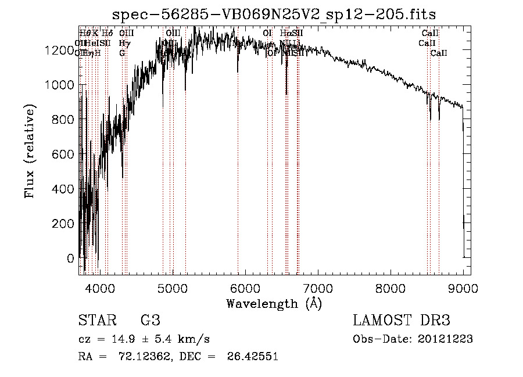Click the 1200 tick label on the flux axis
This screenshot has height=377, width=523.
pos(59,51)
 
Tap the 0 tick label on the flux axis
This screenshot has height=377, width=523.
pos(71,258)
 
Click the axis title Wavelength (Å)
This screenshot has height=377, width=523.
pos(274,303)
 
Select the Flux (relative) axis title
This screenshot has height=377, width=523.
pos(30,150)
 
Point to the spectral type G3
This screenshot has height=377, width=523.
pos(150,320)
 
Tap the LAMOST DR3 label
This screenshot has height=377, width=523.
pos(402,320)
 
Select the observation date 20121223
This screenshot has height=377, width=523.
pos(445,339)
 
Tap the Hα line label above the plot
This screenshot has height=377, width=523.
pos(286,33)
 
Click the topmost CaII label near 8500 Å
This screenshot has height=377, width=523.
pos(430,33)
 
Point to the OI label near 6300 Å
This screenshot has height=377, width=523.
pos(267,33)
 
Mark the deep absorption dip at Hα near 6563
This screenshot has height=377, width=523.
pos(286,93)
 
